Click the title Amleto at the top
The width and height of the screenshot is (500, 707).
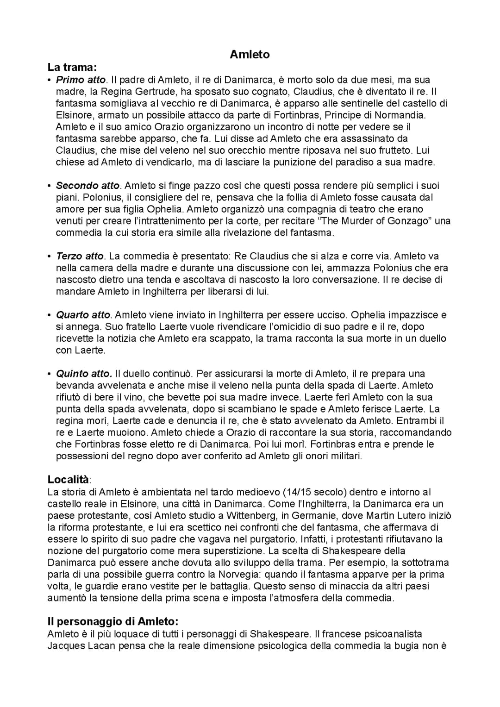point(250,55)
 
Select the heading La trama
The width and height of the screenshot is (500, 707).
point(72,67)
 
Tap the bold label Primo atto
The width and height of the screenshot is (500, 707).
point(81,80)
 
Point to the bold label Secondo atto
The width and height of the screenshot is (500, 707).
point(88,186)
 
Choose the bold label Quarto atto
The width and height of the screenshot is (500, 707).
point(83,315)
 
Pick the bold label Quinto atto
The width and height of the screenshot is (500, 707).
point(84,374)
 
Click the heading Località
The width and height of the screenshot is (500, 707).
point(69,479)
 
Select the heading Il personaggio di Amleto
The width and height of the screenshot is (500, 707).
point(112,621)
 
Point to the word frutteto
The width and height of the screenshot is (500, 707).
point(394,150)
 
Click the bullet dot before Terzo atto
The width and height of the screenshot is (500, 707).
point(50,256)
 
